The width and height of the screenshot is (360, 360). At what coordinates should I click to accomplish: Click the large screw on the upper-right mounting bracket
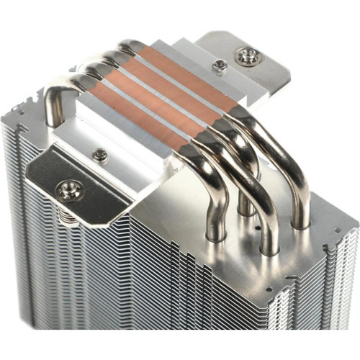pos(247,56)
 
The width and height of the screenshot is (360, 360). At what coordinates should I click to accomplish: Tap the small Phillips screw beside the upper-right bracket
pos(220,66)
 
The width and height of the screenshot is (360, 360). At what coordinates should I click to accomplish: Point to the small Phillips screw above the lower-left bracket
pos(100,154)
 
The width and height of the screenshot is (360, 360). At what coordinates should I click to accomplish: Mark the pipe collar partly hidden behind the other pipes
pos(246,209)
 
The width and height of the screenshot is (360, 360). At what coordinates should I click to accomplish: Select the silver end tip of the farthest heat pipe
pos(127,45)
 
